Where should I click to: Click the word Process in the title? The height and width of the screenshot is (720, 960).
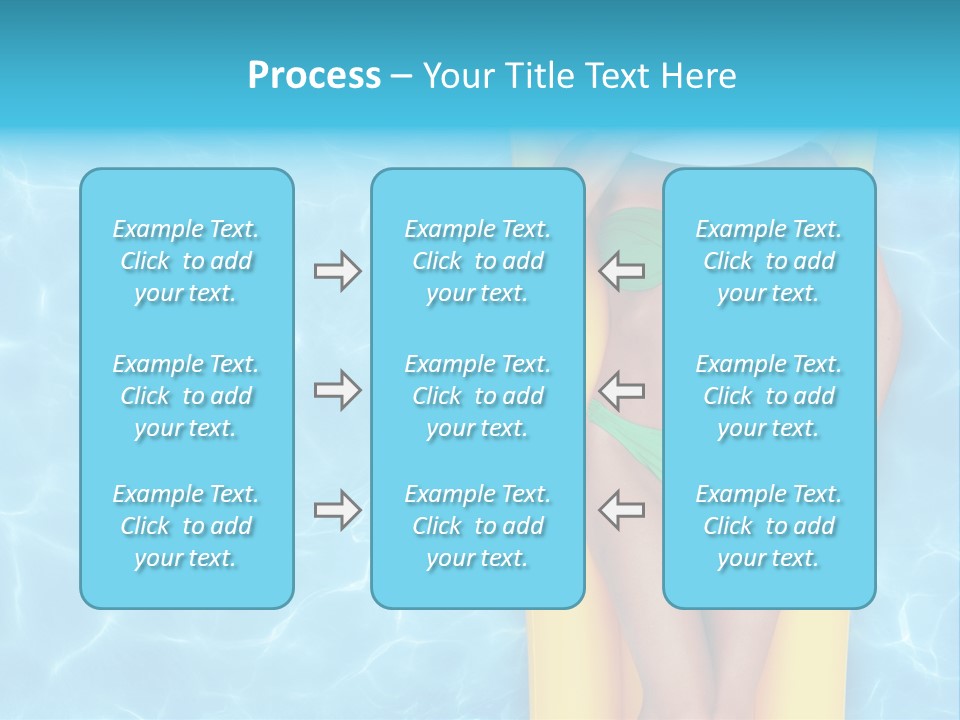(x=314, y=76)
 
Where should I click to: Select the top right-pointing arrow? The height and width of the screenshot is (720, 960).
(x=337, y=271)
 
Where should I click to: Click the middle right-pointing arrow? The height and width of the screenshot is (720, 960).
(x=337, y=390)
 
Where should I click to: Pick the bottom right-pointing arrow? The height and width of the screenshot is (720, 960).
(x=337, y=510)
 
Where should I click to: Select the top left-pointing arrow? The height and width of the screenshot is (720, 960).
(x=622, y=271)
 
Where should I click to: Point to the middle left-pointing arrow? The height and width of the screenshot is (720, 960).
(x=622, y=390)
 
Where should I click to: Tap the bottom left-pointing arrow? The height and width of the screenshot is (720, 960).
(x=622, y=510)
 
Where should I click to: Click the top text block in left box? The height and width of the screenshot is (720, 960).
(x=186, y=261)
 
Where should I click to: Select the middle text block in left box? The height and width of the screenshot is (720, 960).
(x=186, y=396)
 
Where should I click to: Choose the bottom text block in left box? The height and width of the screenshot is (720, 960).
(x=186, y=526)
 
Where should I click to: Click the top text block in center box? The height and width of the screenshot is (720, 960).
(x=478, y=261)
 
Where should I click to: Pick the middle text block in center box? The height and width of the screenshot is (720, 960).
(x=478, y=396)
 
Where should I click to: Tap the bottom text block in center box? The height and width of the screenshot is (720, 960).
(x=478, y=526)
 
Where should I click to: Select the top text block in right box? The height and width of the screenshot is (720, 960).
(x=769, y=261)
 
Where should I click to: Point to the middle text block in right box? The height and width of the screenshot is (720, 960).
(x=769, y=396)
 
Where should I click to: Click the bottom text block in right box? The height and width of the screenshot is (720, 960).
(x=769, y=526)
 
